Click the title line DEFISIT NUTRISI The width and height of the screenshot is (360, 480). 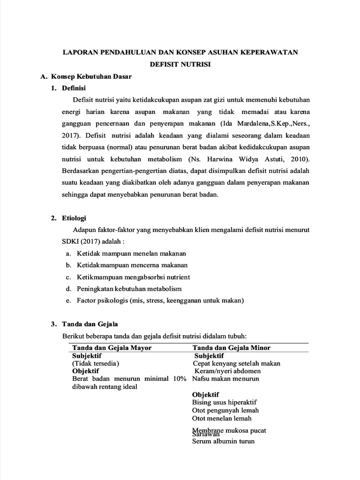[180, 64]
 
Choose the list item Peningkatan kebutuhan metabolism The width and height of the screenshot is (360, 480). [129, 289]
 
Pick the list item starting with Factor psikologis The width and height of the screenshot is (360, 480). [161, 300]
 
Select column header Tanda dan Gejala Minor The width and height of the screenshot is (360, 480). [232, 347]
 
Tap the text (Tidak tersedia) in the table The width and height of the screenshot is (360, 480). [96, 363]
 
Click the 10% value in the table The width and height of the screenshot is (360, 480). [179, 379]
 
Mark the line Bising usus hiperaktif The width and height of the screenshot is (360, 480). [224, 402]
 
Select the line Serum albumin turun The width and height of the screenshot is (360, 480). [224, 441]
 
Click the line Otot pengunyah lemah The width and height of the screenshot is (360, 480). [225, 410]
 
